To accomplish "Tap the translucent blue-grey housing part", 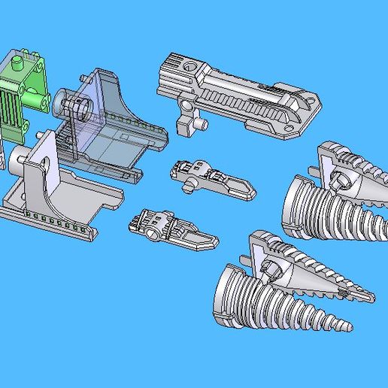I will (113, 128).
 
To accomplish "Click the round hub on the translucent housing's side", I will (63, 99).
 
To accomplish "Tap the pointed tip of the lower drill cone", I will (345, 327).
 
